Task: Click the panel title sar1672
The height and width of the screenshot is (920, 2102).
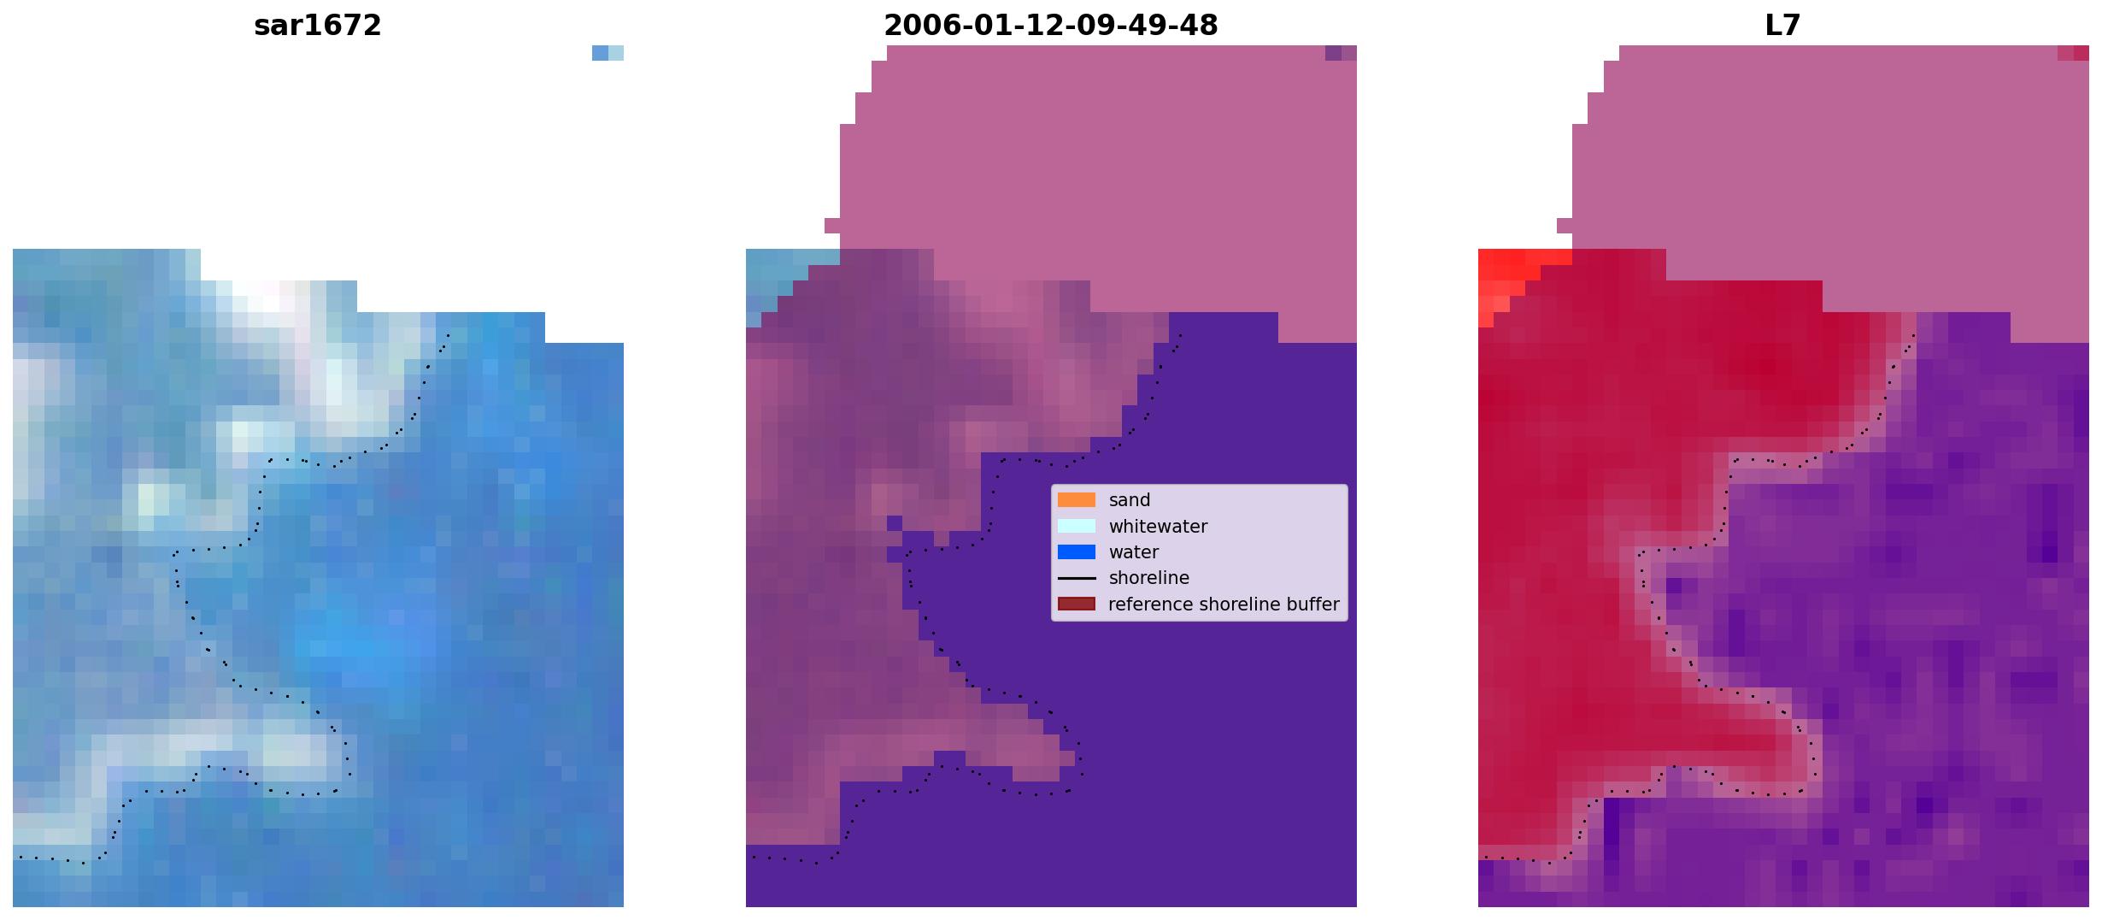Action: coord(317,26)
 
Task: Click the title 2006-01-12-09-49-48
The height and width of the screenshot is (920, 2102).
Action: coord(1050,26)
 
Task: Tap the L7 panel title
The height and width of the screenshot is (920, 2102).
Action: coord(1782,26)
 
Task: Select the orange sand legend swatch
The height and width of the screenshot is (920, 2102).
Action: coord(1076,500)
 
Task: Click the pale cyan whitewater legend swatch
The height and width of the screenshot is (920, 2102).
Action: coord(1076,526)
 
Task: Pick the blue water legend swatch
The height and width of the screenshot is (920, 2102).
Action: coord(1076,552)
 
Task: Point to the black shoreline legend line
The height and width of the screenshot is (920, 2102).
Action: coord(1076,578)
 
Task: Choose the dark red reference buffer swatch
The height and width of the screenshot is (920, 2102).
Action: coord(1076,604)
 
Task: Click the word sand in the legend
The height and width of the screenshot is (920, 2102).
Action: coord(1130,500)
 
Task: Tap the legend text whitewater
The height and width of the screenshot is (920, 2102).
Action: coord(1158,527)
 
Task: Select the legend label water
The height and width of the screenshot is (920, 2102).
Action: coord(1134,552)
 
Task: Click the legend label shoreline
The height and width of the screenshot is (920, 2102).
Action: coord(1149,578)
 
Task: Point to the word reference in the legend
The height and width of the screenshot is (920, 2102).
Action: coord(1149,604)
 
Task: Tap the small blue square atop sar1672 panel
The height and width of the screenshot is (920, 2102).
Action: coord(608,53)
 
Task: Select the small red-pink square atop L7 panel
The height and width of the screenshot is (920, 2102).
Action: coord(2073,53)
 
